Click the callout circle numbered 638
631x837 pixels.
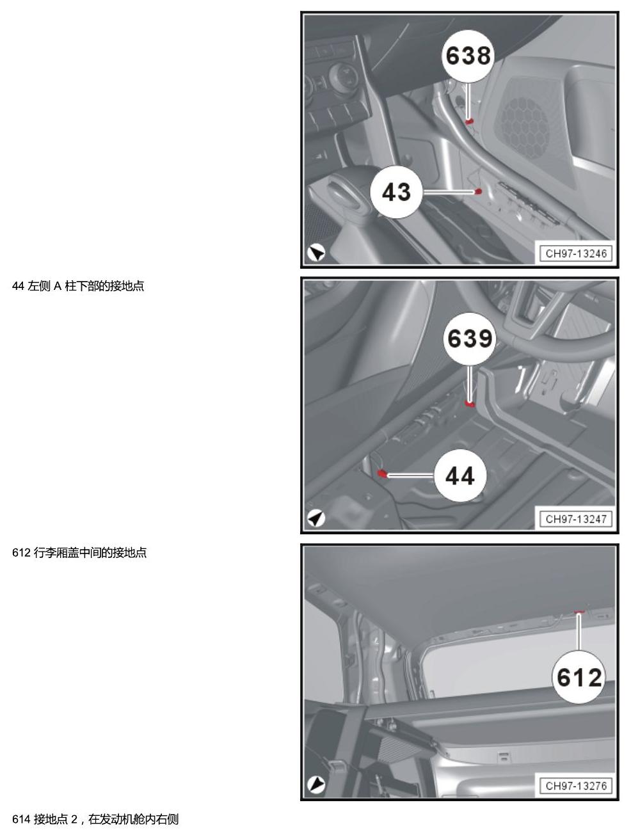coord(468,56)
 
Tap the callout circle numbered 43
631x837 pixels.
coord(397,192)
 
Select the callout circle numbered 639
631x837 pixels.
coord(470,339)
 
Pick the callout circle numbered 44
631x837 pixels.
coord(460,475)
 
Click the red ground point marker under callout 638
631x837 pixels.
coord(469,122)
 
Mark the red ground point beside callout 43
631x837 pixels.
coord(478,191)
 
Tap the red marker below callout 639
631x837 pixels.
coord(470,404)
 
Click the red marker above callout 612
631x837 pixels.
coord(579,612)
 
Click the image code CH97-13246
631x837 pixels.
coord(576,253)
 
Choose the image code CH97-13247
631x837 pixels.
coord(576,519)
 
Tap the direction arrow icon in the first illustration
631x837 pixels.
coord(316,252)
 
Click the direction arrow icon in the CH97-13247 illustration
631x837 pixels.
coord(316,518)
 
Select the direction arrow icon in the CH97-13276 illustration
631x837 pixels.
coord(316,785)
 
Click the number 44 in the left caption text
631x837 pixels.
coord(19,286)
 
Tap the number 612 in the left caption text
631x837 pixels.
coord(21,552)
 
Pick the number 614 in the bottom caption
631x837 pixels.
coord(21,819)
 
